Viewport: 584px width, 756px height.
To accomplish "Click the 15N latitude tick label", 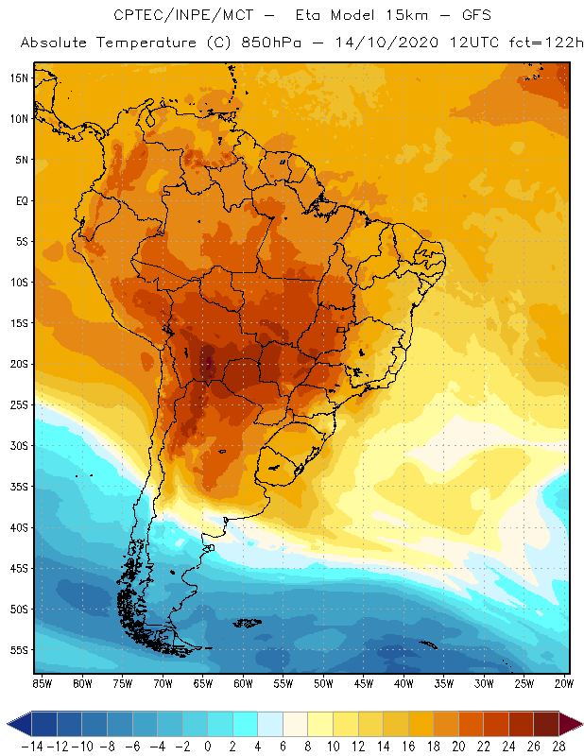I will pyautogui.click(x=18, y=77).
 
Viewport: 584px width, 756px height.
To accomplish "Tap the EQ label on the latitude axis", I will pyautogui.click(x=20, y=200).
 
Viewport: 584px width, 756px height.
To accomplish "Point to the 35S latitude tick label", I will pyautogui.click(x=18, y=487).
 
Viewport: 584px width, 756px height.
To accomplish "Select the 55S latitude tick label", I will pyautogui.click(x=18, y=650).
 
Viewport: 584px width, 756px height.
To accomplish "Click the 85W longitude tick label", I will pyautogui.click(x=42, y=683).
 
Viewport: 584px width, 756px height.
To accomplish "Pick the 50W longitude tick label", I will pyautogui.click(x=324, y=683).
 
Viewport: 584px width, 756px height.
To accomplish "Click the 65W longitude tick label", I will pyautogui.click(x=203, y=683).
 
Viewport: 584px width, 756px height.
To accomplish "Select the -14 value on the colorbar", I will pyautogui.click(x=32, y=746).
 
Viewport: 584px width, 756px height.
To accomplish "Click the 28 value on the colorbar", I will pyautogui.click(x=559, y=746).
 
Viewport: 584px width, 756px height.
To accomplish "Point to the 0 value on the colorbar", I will pyautogui.click(x=208, y=746).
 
